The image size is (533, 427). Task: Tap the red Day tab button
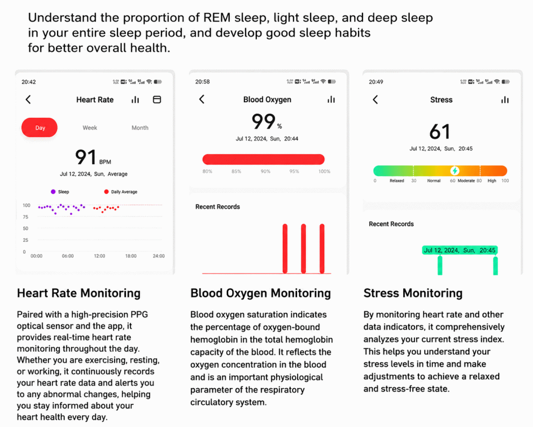[39, 128]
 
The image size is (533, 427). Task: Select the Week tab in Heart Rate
[90, 128]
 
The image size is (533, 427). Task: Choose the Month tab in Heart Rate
[139, 128]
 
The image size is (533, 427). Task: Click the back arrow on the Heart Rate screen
[28, 100]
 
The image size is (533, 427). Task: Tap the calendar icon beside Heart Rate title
[157, 100]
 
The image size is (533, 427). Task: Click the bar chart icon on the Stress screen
[505, 100]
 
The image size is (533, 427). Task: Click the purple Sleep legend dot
[53, 192]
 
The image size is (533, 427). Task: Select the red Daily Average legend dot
[107, 192]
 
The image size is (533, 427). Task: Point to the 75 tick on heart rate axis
[25, 217]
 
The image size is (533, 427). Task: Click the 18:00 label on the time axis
[131, 256]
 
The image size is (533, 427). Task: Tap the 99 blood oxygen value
[263, 121]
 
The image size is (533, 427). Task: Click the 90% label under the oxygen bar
[265, 171]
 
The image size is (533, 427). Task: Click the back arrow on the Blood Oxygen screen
[202, 99]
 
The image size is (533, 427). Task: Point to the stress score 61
[440, 131]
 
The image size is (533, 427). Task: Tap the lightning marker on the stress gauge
[455, 171]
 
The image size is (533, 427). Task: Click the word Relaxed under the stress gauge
[397, 181]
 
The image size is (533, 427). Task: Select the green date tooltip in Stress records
[460, 250]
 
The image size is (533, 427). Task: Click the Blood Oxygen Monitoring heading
[261, 293]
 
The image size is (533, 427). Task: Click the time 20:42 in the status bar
[29, 82]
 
